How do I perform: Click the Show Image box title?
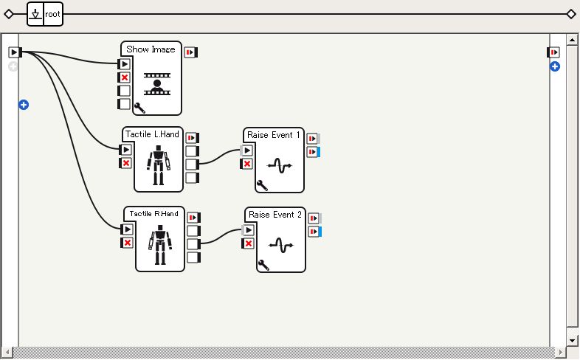pyautogui.click(x=151, y=49)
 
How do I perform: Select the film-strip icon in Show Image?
pyautogui.click(x=157, y=84)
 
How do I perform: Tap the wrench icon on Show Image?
pyautogui.click(x=138, y=108)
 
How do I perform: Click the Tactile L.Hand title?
pyautogui.click(x=152, y=134)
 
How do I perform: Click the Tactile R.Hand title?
pyautogui.click(x=153, y=214)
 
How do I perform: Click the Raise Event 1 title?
pyautogui.click(x=274, y=135)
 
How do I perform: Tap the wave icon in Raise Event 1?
pyautogui.click(x=280, y=166)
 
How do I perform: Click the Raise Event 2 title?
pyautogui.click(x=275, y=215)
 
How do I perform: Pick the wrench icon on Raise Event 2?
pyautogui.click(x=263, y=265)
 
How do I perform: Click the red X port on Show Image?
pyautogui.click(x=125, y=77)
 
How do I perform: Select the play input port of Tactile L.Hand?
pyautogui.click(x=126, y=150)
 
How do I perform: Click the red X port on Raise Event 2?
pyautogui.click(x=249, y=243)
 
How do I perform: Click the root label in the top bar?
pyautogui.click(x=52, y=14)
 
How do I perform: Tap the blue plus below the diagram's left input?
pyautogui.click(x=24, y=105)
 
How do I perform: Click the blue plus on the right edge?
pyautogui.click(x=555, y=67)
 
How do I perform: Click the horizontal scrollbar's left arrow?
pyautogui.click(x=6, y=352)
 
